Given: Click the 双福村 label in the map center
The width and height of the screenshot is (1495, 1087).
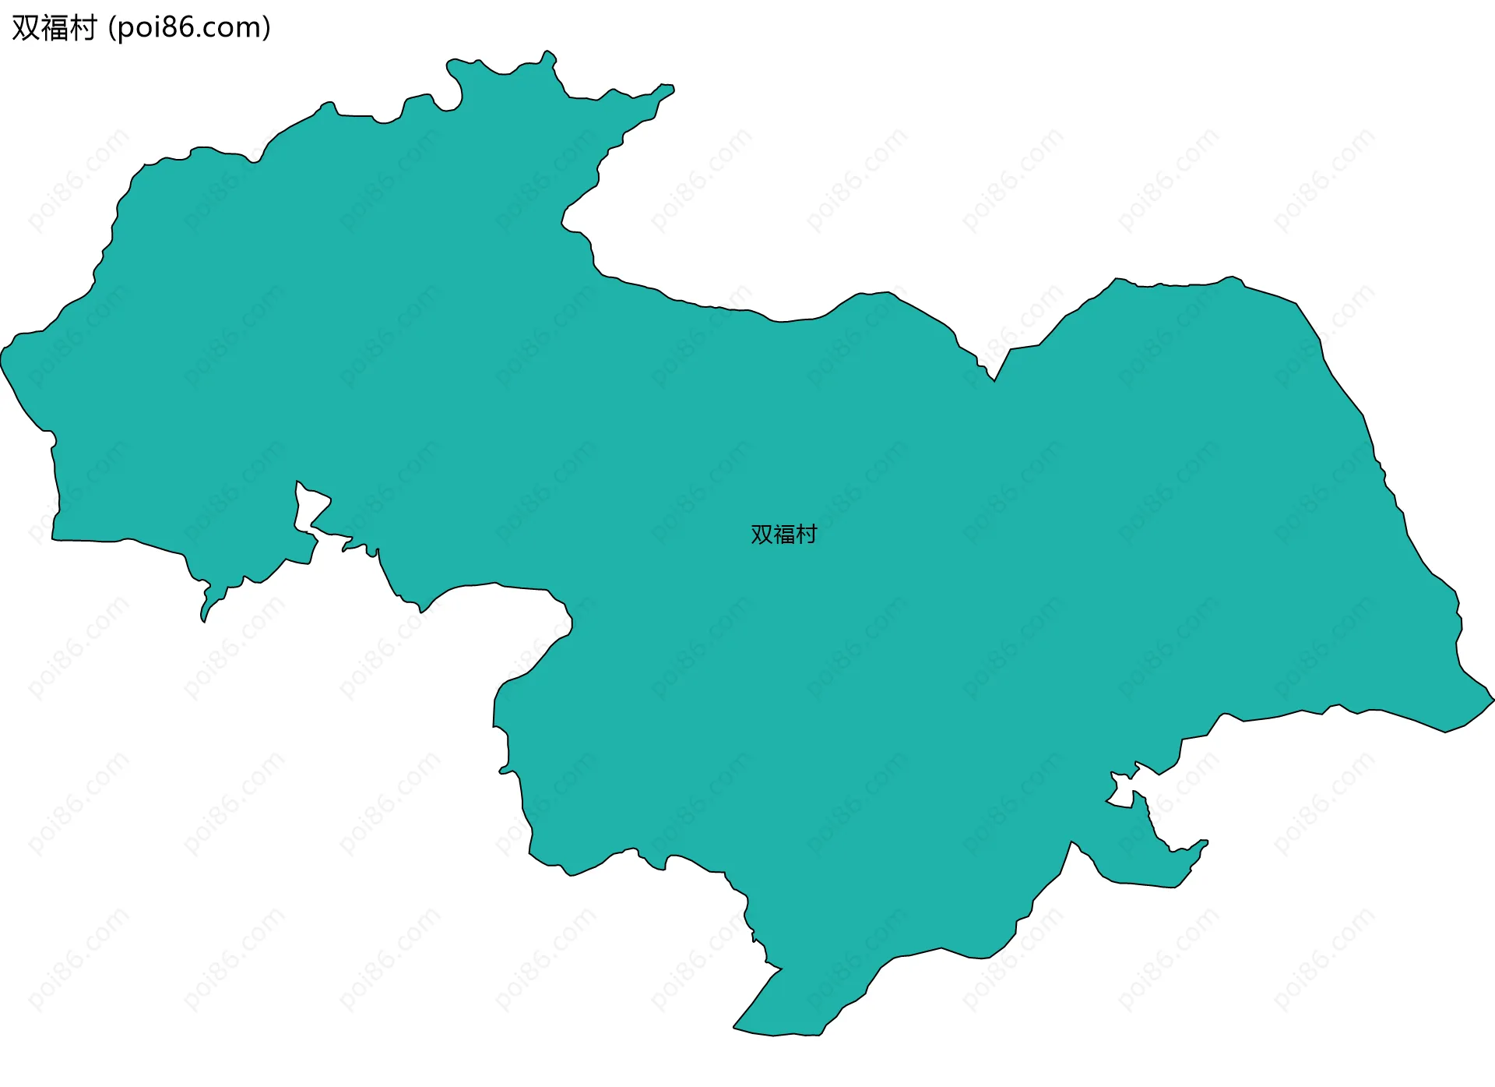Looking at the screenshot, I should click(x=783, y=535).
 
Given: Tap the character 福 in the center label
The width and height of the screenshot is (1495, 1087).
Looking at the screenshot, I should click(x=784, y=535).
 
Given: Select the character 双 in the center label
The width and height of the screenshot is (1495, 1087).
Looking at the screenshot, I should click(x=762, y=535).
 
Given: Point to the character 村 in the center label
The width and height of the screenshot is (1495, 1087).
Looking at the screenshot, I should click(x=807, y=535).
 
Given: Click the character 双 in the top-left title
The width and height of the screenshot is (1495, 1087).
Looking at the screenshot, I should click(x=26, y=28).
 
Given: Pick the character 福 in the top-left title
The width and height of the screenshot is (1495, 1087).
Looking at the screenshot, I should click(x=55, y=28).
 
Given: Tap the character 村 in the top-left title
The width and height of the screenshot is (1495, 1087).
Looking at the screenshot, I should click(x=83, y=28).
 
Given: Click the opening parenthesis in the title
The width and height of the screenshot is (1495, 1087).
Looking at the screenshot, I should click(x=112, y=28).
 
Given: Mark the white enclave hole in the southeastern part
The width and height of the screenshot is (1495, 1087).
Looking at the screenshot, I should click(x=1122, y=790).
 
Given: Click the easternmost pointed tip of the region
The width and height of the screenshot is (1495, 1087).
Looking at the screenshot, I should click(x=1493, y=699).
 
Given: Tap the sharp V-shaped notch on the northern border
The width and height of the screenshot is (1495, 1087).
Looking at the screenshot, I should click(x=994, y=379).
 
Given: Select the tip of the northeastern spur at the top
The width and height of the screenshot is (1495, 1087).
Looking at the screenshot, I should click(x=671, y=89).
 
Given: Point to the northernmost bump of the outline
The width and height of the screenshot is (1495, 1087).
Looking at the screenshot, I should click(x=548, y=52).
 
